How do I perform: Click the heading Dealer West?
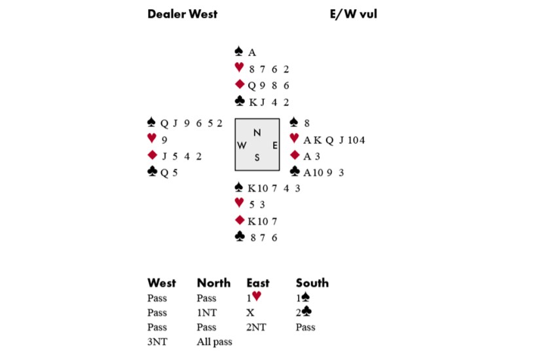click(x=182, y=14)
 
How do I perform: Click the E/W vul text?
click(x=354, y=14)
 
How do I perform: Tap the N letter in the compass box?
click(x=257, y=133)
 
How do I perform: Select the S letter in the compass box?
click(x=257, y=157)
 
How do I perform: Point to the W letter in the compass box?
click(x=242, y=145)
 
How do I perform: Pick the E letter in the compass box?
click(x=274, y=145)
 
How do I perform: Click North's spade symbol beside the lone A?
click(x=240, y=52)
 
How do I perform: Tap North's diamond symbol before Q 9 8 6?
click(x=240, y=84)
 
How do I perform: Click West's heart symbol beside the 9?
click(x=153, y=138)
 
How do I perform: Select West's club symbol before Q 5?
click(x=153, y=171)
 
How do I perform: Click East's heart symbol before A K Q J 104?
click(x=294, y=138)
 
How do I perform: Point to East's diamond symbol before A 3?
click(x=294, y=155)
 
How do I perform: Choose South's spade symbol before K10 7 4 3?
click(x=240, y=188)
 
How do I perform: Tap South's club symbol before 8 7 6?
click(x=240, y=237)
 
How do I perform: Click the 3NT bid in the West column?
click(x=158, y=342)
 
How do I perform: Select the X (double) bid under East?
click(x=250, y=313)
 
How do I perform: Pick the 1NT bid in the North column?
click(x=206, y=313)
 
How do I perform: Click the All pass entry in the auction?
click(x=214, y=342)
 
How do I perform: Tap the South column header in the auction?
click(x=312, y=283)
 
